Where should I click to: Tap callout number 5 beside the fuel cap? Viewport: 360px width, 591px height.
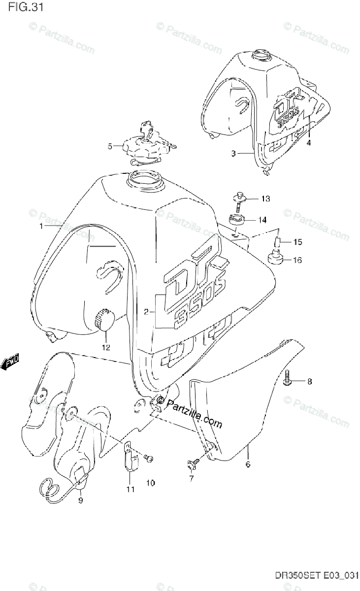[111, 146]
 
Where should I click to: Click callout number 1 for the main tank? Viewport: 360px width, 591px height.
[42, 226]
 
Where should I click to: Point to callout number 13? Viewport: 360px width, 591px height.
[265, 199]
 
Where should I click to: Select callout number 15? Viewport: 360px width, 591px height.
[297, 242]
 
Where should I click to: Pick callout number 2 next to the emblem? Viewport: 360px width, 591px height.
[146, 311]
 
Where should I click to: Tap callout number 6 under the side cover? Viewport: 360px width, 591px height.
[248, 464]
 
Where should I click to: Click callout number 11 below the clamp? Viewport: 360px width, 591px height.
[130, 490]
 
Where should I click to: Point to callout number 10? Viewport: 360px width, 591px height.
[150, 483]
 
